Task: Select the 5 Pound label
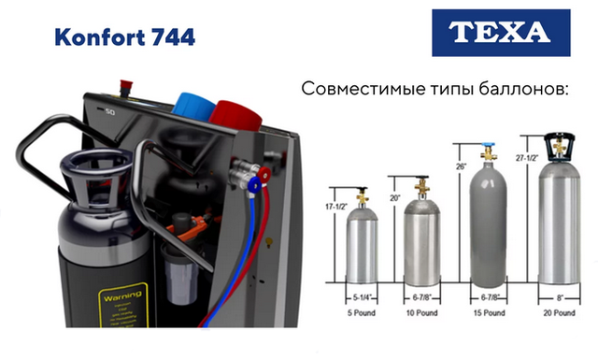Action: pos(363,312)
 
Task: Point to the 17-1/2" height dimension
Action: pos(333,204)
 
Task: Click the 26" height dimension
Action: pos(460,166)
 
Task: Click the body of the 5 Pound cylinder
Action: pos(363,248)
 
